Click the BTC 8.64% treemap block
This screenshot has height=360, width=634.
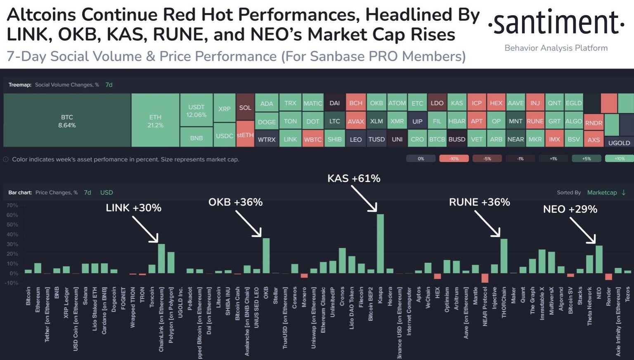point(67,121)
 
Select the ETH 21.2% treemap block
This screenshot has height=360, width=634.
point(155,121)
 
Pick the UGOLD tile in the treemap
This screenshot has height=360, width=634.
point(619,142)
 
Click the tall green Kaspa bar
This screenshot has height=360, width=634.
point(380,244)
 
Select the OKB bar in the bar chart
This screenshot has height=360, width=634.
point(266,256)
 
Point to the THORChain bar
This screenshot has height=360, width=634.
point(504,256)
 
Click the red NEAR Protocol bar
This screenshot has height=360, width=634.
point(485,278)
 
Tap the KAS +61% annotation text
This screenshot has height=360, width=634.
point(354,178)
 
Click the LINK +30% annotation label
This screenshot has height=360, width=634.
point(133,208)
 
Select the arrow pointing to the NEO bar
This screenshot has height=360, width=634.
point(582,230)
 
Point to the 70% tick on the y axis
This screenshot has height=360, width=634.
point(12,205)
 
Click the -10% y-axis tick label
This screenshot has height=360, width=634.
point(11,283)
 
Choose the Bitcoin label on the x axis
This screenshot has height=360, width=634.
point(28,296)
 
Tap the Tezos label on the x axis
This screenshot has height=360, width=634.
point(628,294)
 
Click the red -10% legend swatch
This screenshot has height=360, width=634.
point(454,159)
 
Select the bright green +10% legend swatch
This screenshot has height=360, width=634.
point(619,159)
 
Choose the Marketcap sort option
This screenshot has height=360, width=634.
point(602,192)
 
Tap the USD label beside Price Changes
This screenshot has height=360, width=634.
point(106,192)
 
